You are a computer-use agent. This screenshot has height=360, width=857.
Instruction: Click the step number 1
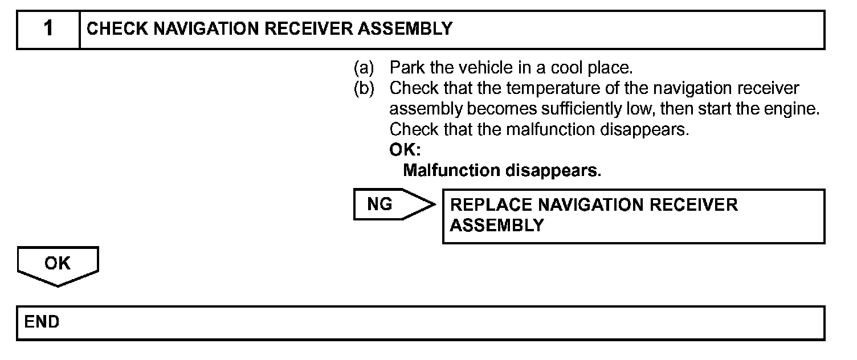click(x=48, y=28)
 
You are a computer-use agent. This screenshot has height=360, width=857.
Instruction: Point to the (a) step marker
click(x=364, y=68)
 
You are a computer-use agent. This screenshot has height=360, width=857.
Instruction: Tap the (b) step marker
click(x=364, y=89)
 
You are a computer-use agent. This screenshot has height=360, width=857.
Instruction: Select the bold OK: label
click(x=405, y=150)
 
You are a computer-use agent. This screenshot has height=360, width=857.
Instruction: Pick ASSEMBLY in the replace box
click(x=497, y=226)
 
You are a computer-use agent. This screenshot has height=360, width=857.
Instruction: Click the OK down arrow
click(x=58, y=265)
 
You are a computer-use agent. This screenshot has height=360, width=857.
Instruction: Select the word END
click(x=42, y=322)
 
